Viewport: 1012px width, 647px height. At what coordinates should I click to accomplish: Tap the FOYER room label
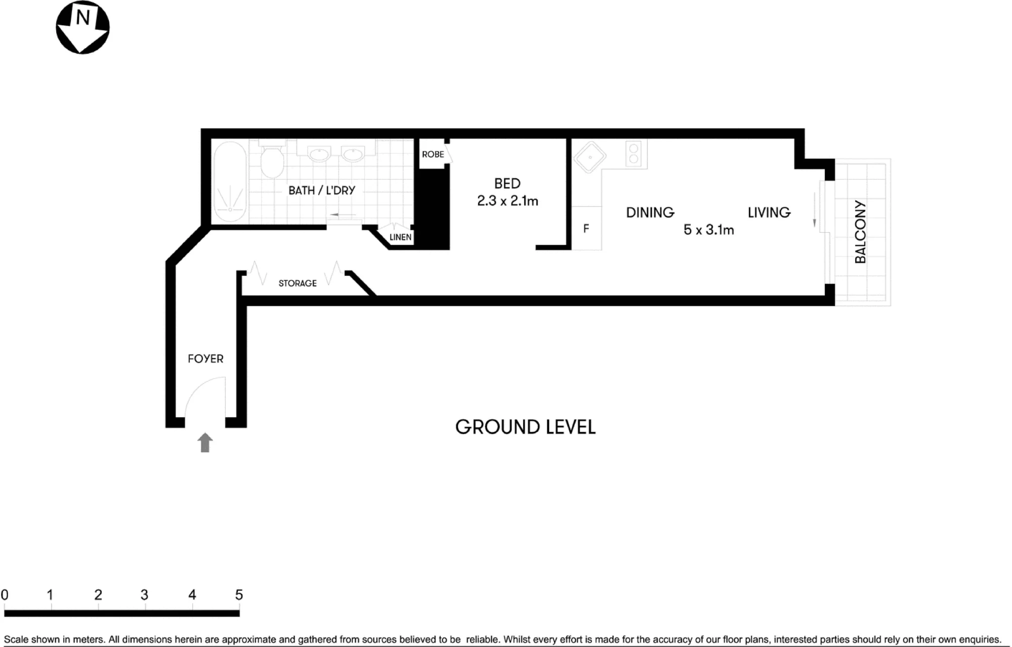click(x=205, y=359)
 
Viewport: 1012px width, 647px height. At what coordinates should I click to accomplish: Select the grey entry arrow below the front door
click(x=205, y=443)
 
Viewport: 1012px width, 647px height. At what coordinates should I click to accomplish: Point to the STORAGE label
click(x=298, y=283)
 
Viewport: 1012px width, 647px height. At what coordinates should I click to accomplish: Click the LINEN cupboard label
click(x=400, y=237)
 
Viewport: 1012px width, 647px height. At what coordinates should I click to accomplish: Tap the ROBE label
click(x=433, y=154)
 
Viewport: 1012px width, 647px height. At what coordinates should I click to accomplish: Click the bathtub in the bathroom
click(x=230, y=182)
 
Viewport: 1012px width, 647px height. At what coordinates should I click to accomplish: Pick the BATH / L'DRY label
click(x=322, y=190)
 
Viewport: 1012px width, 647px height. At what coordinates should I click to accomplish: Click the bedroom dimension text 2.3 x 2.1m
click(x=508, y=201)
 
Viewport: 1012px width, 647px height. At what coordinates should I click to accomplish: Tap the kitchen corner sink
click(x=589, y=157)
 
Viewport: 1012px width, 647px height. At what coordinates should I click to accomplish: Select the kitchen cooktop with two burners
click(x=634, y=153)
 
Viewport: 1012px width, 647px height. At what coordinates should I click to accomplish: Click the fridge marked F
click(x=586, y=228)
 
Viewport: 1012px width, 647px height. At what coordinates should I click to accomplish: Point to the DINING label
click(x=650, y=212)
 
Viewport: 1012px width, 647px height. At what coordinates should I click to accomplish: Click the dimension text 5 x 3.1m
click(x=708, y=230)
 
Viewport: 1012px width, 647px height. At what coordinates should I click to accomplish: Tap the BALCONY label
click(x=860, y=232)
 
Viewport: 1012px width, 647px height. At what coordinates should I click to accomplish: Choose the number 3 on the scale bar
click(x=144, y=595)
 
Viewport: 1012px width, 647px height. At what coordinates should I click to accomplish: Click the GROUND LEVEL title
click(x=525, y=427)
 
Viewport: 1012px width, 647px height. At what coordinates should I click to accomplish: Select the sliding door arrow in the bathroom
click(x=343, y=215)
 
